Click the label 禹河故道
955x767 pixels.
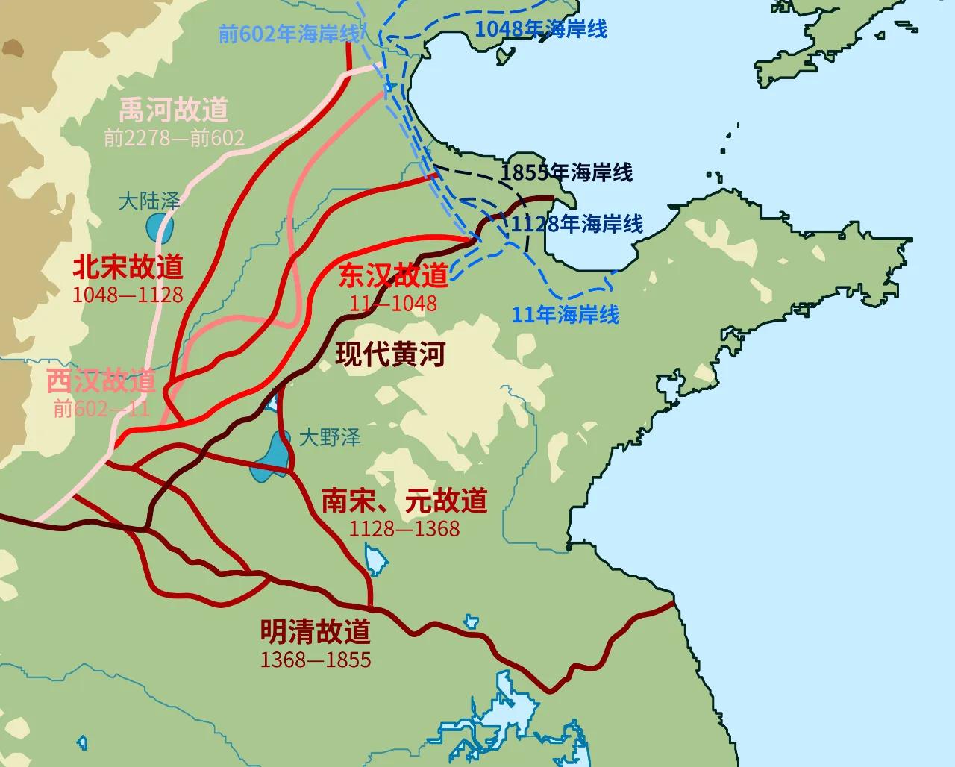(174, 110)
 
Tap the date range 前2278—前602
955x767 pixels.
(174, 138)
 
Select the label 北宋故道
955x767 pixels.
(128, 266)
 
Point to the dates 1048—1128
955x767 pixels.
(128, 295)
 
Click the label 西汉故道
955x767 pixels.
(101, 381)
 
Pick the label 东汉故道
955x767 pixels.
(393, 275)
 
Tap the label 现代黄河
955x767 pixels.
(390, 354)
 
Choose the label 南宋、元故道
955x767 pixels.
(404, 500)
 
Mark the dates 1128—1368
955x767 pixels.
(404, 528)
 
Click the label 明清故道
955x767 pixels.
(316, 632)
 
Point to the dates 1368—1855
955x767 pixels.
(316, 660)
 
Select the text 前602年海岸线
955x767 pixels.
(290, 34)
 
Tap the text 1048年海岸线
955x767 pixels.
(541, 29)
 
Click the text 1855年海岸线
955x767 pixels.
(566, 173)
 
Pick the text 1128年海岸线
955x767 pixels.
(576, 223)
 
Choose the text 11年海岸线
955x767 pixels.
(566, 314)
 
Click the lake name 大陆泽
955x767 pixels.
(150, 201)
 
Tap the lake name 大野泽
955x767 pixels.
(330, 437)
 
